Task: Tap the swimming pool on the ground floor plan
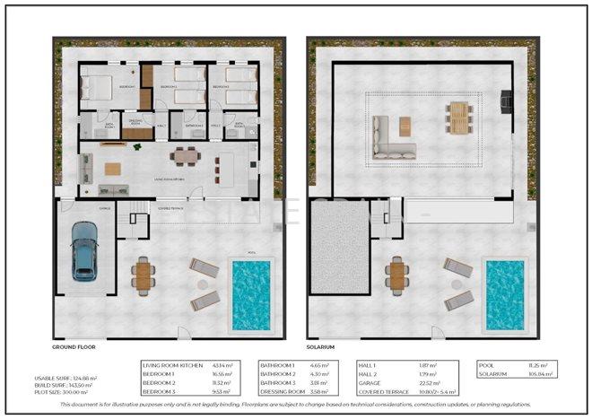coord(252,293)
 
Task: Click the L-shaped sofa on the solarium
coord(392,139)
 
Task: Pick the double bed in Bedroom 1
coord(97,87)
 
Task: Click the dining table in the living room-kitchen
coord(185,157)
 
